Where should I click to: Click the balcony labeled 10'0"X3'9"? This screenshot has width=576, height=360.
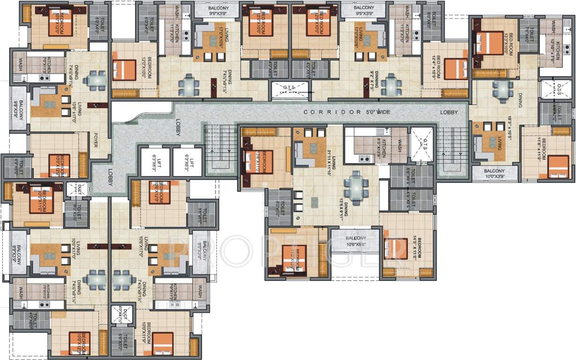click(x=495, y=173)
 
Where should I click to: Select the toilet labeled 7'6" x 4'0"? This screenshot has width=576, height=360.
click(x=527, y=34)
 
